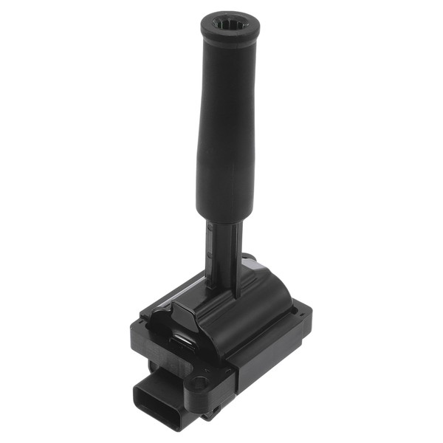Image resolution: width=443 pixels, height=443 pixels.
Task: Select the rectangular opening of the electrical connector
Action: click(157, 399)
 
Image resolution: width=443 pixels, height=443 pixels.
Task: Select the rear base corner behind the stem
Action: click(251, 260)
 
